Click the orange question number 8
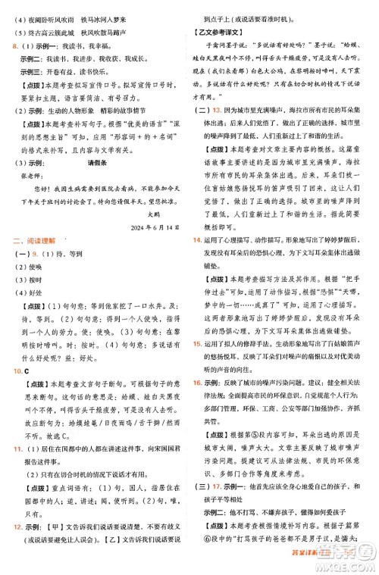click(8, 46)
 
